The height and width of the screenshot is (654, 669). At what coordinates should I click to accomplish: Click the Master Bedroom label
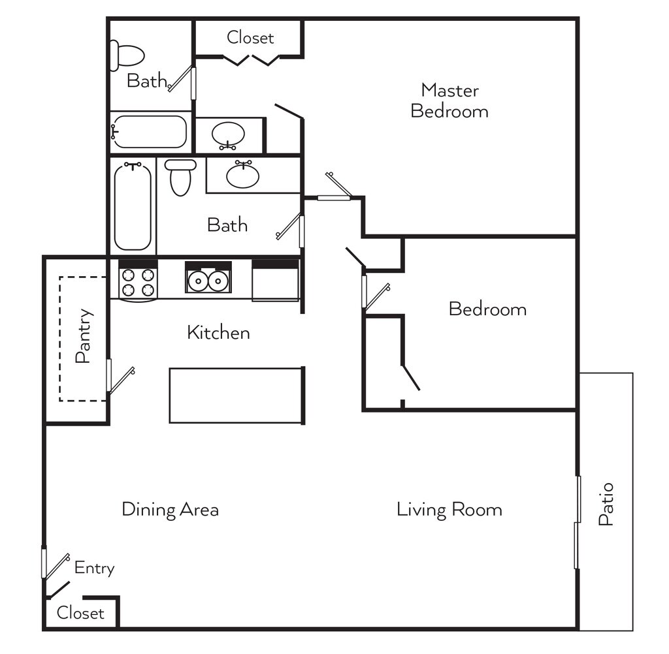(449, 101)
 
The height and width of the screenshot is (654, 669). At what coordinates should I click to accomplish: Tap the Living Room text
(449, 509)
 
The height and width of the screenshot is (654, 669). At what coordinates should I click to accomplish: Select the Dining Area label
(170, 509)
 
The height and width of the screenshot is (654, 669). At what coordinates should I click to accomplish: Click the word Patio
(606, 504)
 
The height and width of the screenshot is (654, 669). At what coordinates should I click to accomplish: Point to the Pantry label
(84, 335)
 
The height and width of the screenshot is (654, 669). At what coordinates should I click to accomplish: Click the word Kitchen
(218, 332)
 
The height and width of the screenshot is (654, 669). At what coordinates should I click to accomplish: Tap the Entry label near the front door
(94, 568)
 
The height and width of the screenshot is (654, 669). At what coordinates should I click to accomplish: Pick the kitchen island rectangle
(237, 396)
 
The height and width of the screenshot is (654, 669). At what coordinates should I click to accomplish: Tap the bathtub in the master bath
(150, 132)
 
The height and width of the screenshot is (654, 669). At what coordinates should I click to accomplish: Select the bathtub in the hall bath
(133, 207)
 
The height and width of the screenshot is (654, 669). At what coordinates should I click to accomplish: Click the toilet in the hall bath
(180, 177)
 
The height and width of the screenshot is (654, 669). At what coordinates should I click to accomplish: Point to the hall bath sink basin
(242, 175)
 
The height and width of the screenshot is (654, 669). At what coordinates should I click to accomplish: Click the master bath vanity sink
(228, 135)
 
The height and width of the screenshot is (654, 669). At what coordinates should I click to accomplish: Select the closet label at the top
(250, 38)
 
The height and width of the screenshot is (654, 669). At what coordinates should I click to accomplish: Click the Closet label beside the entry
(80, 613)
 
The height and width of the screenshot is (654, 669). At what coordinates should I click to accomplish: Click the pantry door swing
(121, 379)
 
